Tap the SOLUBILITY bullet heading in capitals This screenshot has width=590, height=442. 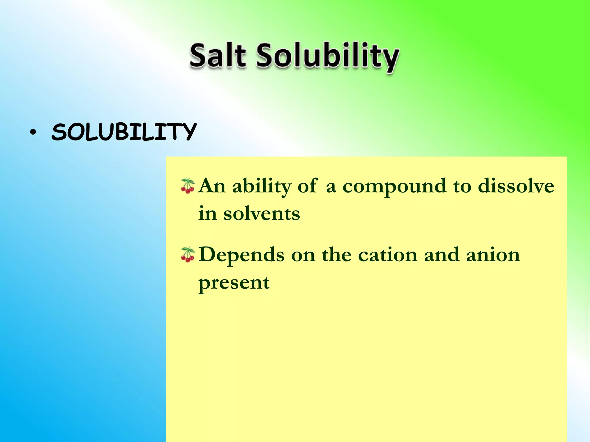[x=124, y=132]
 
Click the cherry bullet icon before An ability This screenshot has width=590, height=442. [x=188, y=186]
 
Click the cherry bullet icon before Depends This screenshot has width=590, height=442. [x=188, y=255]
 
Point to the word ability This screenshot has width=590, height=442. [x=262, y=186]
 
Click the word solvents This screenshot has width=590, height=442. [x=262, y=214]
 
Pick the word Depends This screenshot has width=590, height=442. [x=241, y=255]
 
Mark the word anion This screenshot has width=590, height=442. [x=493, y=255]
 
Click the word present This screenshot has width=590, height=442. [x=234, y=283]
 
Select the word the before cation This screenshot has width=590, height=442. [x=336, y=255]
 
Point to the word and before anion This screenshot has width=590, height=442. [x=441, y=255]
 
